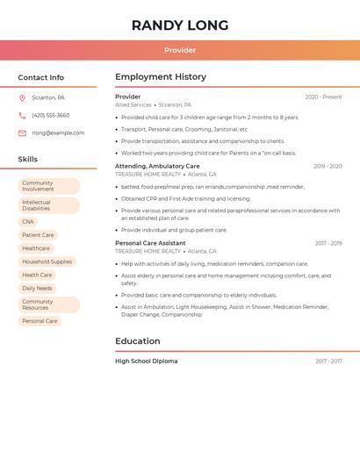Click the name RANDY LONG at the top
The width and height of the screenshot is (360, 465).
pos(180,25)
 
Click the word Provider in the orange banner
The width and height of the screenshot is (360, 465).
pos(180,50)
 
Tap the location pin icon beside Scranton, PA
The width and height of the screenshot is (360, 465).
pos(22,98)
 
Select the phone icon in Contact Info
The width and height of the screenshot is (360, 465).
pos(22,116)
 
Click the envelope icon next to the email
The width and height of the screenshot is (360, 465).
pos(22,133)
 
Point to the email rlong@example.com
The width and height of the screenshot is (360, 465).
pos(58,133)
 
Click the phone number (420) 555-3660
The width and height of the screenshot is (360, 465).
pos(51,116)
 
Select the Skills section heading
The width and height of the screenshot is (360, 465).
pos(28,160)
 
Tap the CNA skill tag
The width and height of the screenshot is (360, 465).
pos(28,222)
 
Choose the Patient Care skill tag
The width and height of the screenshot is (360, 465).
pos(38,235)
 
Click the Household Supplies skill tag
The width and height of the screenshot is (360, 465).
pos(47,261)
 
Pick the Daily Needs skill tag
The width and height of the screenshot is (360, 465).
pos(37,288)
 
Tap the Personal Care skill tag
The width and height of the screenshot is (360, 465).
pos(40,321)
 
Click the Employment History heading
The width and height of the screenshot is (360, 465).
pos(161,77)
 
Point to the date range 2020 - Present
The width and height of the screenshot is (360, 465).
pos(323,97)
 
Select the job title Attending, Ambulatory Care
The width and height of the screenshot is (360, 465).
pos(157,166)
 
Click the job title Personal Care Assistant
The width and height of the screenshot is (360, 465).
pos(150,243)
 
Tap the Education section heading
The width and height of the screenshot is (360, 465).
pos(138,341)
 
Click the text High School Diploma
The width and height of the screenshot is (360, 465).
pos(146,361)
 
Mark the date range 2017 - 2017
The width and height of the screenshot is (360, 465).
pos(328,361)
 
